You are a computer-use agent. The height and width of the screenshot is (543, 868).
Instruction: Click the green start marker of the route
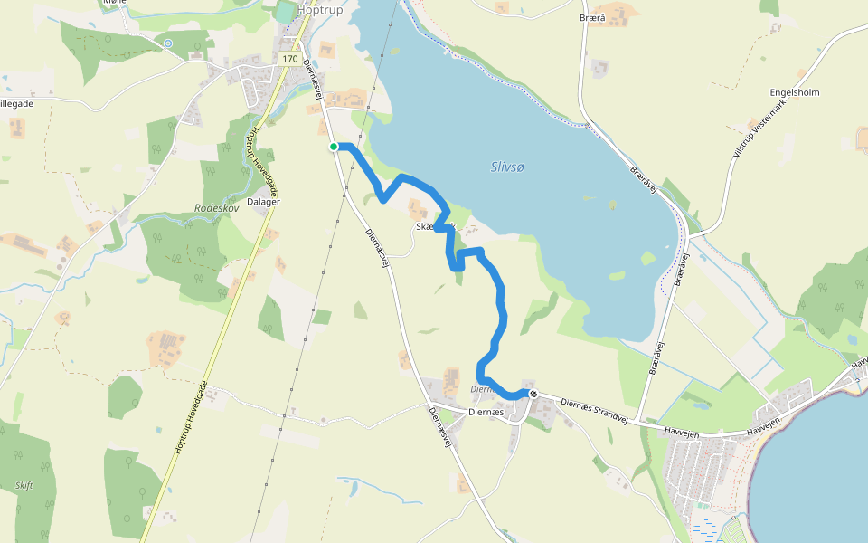334,147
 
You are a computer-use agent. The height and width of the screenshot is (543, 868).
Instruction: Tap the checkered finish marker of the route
534,394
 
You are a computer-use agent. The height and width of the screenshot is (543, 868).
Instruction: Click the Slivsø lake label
508,167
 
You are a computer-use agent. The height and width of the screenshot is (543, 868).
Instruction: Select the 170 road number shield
289,59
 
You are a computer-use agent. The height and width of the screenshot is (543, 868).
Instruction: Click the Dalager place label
263,202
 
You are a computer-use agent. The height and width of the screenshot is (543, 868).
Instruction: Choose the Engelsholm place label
795,93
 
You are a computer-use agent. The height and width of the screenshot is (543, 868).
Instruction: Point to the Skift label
24,485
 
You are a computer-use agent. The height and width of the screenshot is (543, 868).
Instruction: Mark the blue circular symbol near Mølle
168,43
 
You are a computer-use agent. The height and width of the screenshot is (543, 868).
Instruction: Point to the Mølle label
115,3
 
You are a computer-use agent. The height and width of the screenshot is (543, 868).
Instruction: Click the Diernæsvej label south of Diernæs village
440,427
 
